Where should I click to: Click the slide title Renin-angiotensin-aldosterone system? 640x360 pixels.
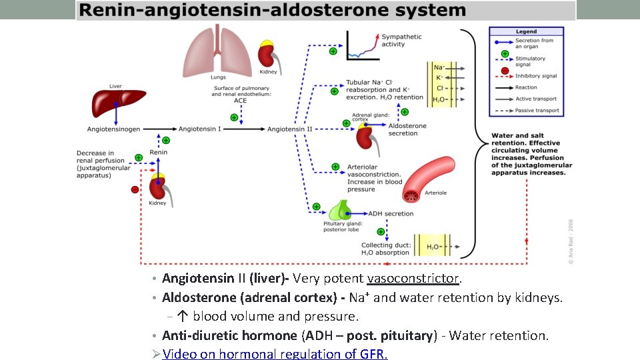(273, 11)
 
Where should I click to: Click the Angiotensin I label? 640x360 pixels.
(199, 129)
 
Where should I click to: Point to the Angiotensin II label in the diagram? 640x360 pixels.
(290, 129)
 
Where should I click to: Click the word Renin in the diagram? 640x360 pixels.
(158, 153)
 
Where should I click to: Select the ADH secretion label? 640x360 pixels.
(390, 214)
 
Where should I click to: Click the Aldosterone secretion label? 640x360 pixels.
(407, 129)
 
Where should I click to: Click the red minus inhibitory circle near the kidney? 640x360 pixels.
(135, 189)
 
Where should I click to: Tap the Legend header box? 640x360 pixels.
(526, 31)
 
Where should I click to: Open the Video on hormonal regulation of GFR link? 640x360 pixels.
(275, 353)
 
